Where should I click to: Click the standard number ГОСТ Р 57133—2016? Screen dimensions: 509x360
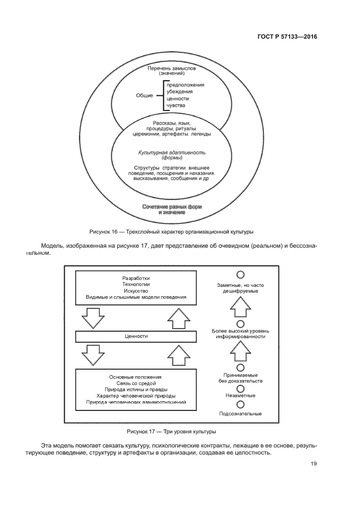click(287, 37)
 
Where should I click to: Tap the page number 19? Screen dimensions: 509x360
click(314, 464)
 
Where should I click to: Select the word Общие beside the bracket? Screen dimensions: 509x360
click(144, 95)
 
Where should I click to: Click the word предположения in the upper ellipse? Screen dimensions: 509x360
click(185, 85)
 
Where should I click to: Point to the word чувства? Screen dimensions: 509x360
click(175, 105)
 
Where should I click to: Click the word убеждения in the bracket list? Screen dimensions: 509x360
click(179, 92)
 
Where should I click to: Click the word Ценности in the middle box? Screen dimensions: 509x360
click(136, 336)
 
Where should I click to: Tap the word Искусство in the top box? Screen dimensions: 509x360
click(136, 291)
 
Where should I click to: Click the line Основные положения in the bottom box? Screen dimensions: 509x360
click(136, 377)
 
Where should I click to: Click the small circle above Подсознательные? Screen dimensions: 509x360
click(240, 404)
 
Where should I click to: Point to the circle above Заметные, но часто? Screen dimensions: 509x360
click(240, 274)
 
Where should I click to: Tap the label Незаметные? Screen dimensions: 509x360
click(240, 396)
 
